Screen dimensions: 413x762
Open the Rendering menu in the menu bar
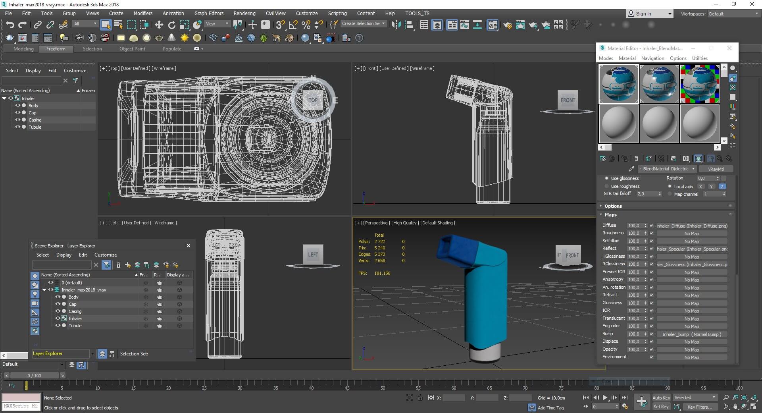click(x=244, y=13)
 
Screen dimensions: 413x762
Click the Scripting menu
click(x=337, y=13)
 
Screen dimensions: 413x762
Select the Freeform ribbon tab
click(x=56, y=49)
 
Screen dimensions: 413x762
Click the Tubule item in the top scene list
click(x=35, y=127)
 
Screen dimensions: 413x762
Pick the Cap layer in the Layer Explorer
click(x=73, y=304)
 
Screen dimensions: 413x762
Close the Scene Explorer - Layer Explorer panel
click(x=189, y=245)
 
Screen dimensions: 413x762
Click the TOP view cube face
click(x=313, y=100)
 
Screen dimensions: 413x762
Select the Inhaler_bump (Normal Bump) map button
click(x=691, y=334)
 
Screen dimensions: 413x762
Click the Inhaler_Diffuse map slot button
click(x=692, y=226)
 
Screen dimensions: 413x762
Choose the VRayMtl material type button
click(x=716, y=169)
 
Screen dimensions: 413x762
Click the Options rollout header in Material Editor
click(x=613, y=206)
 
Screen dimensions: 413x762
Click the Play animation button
click(x=605, y=398)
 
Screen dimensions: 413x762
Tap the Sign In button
click(x=643, y=14)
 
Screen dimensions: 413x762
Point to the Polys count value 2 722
click(x=379, y=241)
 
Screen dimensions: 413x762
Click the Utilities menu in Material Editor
click(x=700, y=58)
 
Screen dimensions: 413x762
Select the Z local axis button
click(x=722, y=186)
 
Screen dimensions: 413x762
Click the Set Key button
click(x=661, y=407)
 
